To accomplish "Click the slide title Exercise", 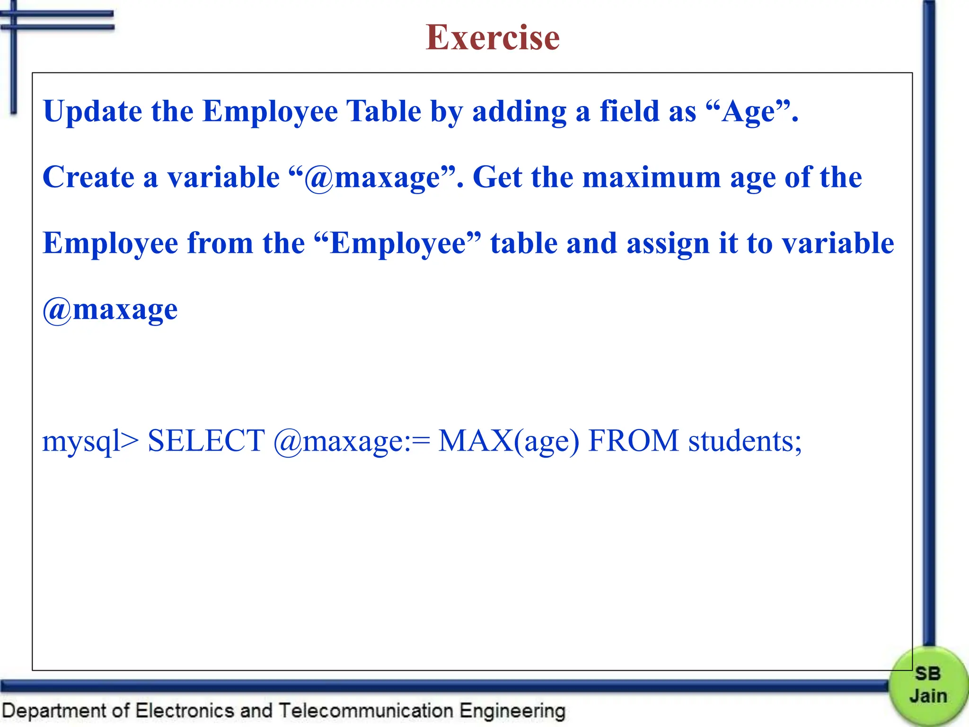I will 493,37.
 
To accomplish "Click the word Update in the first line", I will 92,112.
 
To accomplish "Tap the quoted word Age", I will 750,112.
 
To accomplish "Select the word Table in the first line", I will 384,112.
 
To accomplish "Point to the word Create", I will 88,177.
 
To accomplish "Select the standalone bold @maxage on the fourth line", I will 110,310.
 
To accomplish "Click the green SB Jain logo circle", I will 928,685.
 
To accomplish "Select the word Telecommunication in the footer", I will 365,711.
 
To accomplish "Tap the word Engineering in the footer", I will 512,711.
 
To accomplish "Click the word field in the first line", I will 629,112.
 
